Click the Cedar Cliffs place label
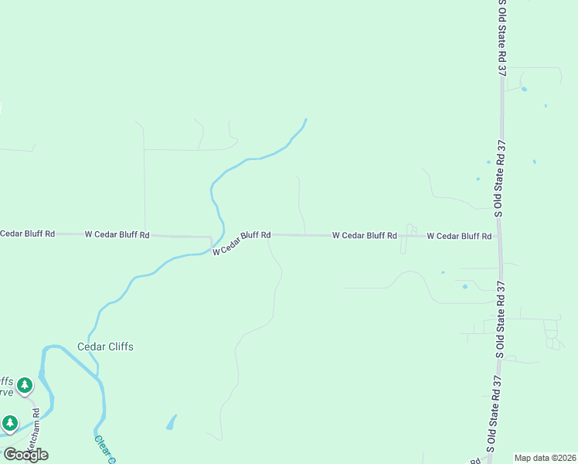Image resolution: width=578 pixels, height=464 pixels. [105, 346]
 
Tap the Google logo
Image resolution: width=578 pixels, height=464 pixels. [25, 455]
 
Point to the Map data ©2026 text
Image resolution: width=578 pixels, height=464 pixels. [545, 458]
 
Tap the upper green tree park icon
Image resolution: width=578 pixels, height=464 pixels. [25, 384]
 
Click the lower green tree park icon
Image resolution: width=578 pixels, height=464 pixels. [10, 423]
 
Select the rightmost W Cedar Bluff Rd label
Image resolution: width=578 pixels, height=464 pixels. [459, 236]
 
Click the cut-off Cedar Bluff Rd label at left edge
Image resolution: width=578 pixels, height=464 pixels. [28, 233]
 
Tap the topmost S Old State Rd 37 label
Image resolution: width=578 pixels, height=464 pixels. [502, 37]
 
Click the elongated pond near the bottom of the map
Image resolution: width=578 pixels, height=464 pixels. [171, 423]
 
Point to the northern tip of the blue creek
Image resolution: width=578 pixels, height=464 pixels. [306, 119]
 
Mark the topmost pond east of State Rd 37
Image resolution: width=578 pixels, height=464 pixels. [524, 89]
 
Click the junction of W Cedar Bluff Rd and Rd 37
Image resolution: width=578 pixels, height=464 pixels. [499, 236]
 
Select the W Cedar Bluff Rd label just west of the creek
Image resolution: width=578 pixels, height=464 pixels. [117, 234]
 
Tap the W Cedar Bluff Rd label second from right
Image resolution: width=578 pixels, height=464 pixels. [365, 235]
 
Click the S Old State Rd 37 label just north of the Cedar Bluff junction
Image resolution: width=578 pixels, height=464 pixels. [500, 179]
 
